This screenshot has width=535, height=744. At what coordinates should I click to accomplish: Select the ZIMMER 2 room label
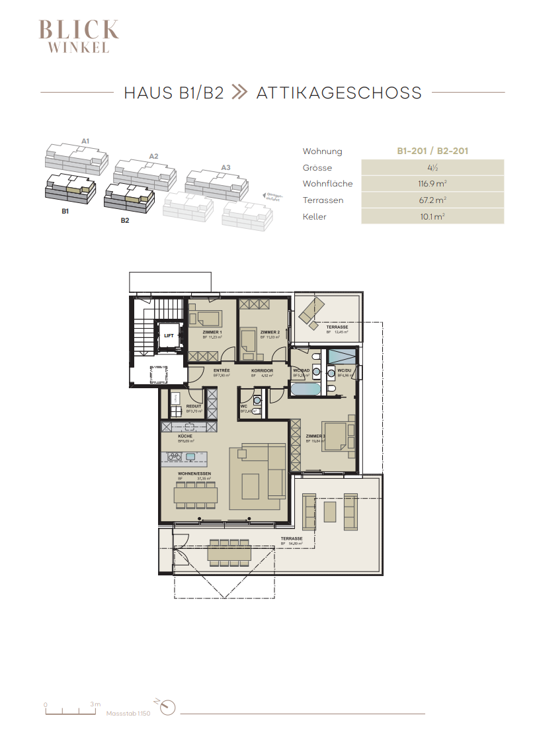point(270,332)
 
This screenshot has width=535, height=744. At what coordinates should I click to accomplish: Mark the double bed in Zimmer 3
point(337,436)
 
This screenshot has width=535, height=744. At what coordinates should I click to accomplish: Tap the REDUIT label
point(194,407)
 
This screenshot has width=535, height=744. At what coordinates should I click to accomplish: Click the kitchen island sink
point(190,456)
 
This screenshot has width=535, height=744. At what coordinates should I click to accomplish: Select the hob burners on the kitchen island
point(175,456)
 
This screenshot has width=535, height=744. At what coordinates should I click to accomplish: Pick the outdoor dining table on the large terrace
point(229,553)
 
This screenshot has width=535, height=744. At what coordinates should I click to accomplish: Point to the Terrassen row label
point(323,200)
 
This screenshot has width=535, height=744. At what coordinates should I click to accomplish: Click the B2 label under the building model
point(125,221)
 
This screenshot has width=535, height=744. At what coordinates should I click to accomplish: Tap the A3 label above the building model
point(226,168)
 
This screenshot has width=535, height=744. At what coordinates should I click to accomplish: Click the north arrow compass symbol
point(169,707)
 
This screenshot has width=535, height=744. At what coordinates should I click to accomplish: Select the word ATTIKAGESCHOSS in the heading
point(339,93)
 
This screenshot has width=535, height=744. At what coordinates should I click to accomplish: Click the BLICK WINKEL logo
point(79,36)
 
